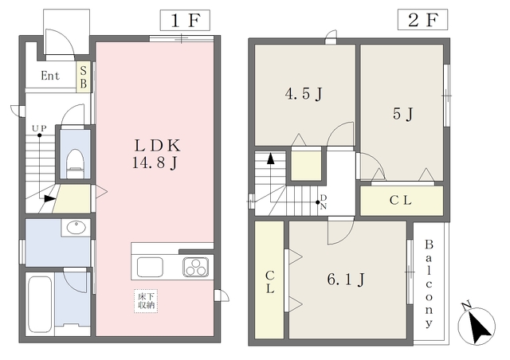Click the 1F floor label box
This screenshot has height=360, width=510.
[185, 20]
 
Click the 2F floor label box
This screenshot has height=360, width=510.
[422, 20]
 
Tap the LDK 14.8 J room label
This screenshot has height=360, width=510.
[156, 155]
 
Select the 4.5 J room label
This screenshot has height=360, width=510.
[304, 94]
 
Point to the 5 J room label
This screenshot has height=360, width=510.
[403, 114]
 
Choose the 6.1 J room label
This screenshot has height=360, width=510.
[346, 280]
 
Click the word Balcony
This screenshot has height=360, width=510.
[429, 284]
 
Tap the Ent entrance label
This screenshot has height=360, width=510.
[50, 76]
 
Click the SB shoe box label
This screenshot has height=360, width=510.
[84, 77]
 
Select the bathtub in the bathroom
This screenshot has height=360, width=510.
[41, 303]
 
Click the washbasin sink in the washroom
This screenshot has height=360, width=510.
[76, 227]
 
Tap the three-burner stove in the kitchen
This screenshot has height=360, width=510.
[195, 267]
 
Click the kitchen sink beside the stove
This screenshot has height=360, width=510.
[150, 267]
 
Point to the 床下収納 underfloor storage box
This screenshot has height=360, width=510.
[146, 301]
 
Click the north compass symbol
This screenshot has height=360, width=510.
[477, 324]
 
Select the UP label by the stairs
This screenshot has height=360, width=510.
[39, 128]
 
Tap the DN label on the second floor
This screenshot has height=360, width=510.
[324, 202]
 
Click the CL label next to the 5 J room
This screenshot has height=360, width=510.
[401, 201]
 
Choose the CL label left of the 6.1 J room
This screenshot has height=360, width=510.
[270, 282]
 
